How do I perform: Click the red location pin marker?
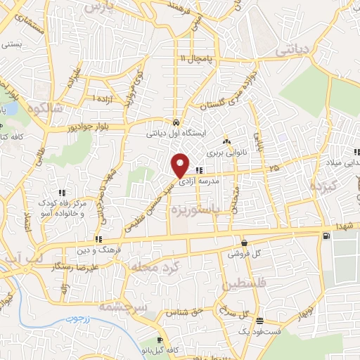click(x=181, y=165)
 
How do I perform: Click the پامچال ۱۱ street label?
click(x=196, y=58)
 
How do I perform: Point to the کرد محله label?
click(x=152, y=266)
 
